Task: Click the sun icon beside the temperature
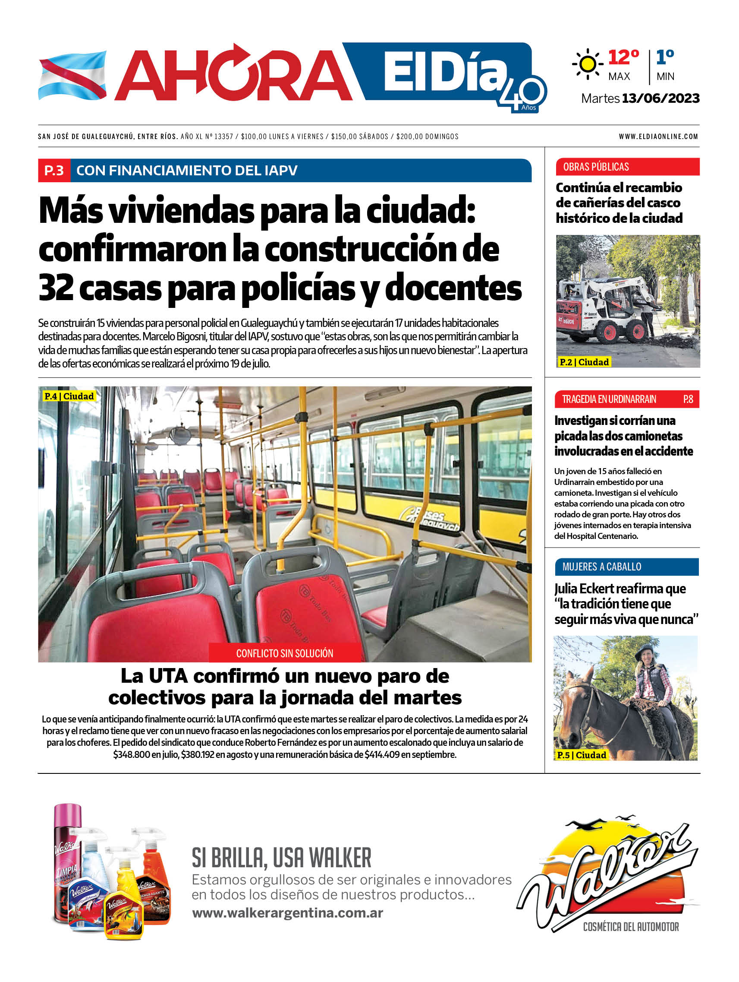point(587,64)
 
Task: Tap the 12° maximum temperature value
point(623,57)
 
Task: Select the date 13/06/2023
point(660,98)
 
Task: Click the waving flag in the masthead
point(72,75)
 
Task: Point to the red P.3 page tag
point(54,171)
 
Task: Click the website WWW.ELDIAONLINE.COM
point(658,137)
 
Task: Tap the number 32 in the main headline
point(56,288)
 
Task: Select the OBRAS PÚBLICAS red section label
point(596,167)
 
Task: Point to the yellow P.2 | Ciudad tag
point(584,362)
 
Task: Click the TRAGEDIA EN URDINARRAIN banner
point(609,399)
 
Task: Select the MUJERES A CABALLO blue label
point(601,567)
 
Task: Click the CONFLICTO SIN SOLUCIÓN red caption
point(284,653)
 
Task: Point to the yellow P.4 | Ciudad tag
point(69,396)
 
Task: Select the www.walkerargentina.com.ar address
point(287,913)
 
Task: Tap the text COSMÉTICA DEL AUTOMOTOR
point(630,927)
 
